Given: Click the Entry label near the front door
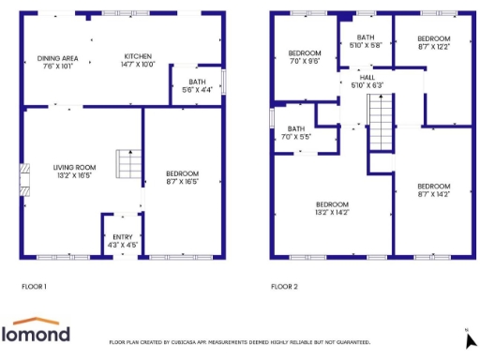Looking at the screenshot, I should click(123, 240).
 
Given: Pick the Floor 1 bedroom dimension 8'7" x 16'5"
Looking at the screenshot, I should click(182, 178).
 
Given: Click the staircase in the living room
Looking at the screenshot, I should click(127, 164).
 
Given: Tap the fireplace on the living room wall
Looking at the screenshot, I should click(24, 179).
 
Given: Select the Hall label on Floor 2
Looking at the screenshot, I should click(366, 81).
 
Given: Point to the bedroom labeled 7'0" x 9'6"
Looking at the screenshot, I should click(304, 56).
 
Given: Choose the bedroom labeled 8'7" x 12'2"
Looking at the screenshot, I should click(434, 42).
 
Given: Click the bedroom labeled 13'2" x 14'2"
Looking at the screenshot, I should click(332, 208).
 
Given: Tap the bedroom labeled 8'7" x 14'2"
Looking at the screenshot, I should click(433, 188).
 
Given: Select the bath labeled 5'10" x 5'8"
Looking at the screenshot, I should click(365, 41).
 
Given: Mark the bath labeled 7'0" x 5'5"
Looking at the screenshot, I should click(296, 133).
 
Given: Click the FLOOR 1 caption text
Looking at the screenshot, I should click(34, 286).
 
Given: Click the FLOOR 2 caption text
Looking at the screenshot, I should click(284, 286).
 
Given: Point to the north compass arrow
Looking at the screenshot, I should click(469, 341).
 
